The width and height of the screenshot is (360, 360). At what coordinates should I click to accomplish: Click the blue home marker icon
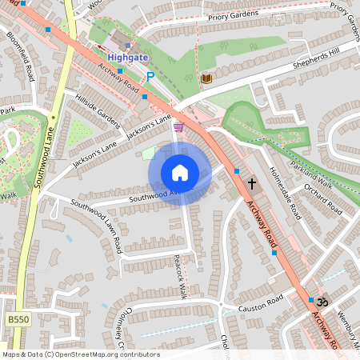click(180, 173)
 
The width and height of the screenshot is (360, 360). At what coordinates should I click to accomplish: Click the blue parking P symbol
click(150, 78)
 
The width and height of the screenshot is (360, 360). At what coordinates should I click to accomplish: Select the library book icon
click(206, 78)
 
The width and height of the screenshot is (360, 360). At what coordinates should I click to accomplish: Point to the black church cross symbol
click(252, 183)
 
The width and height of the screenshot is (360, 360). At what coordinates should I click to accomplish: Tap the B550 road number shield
click(17, 319)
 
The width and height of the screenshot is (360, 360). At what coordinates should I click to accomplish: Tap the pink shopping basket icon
click(178, 126)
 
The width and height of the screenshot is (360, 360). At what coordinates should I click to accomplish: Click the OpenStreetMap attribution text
click(81, 354)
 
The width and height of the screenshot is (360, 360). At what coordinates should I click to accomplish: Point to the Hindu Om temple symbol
click(323, 302)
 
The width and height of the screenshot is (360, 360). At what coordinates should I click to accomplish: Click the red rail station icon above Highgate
click(126, 45)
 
